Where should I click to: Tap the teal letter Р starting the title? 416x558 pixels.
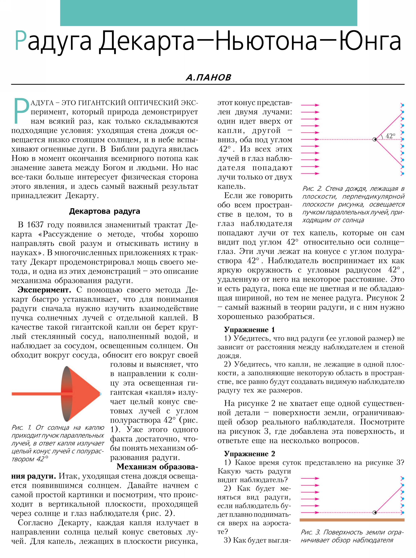point(20,41)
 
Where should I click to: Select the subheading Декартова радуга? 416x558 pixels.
point(104,211)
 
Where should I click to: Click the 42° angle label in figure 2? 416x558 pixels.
point(390,136)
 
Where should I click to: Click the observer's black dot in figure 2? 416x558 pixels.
point(375,139)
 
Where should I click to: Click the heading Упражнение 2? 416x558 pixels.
point(249,454)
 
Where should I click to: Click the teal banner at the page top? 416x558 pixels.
point(208,13)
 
